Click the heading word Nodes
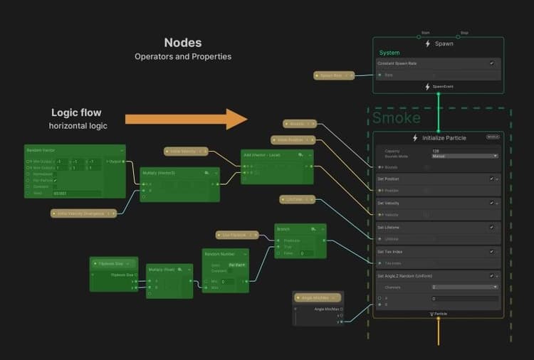pos(183,43)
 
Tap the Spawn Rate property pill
pos(333,75)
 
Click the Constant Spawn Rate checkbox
pos(491,63)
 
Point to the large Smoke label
pos(397,117)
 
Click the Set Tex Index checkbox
pos(491,251)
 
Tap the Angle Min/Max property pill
pos(318,297)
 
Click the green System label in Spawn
pos(389,53)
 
